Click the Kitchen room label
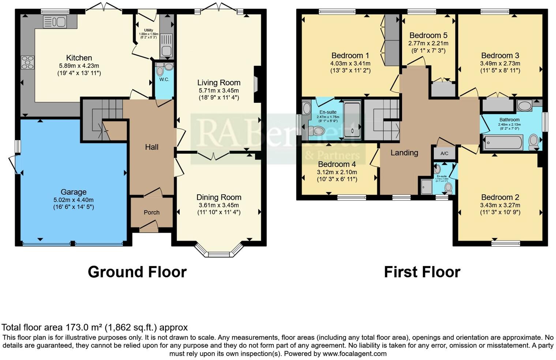pyautogui.click(x=79, y=58)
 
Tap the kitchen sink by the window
pyautogui.click(x=54, y=22)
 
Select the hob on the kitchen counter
pyautogui.click(x=27, y=62)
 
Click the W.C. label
pyautogui.click(x=164, y=79)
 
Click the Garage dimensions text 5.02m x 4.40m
pyautogui.click(x=73, y=200)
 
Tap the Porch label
pyautogui.click(x=151, y=212)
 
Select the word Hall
pyautogui.click(x=151, y=147)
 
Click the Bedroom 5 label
pyautogui.click(x=428, y=35)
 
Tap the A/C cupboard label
pyautogui.click(x=444, y=153)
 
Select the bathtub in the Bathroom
pyautogui.click(x=503, y=142)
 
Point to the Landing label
pyautogui.click(x=404, y=153)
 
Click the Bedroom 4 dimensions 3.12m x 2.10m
pyautogui.click(x=337, y=172)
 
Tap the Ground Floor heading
pyautogui.click(x=137, y=272)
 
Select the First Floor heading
pyautogui.click(x=422, y=272)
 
